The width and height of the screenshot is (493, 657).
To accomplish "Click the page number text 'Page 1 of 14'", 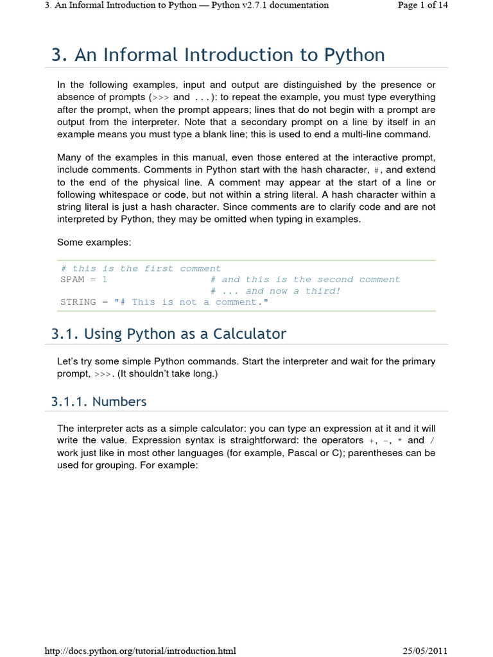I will pos(422,5).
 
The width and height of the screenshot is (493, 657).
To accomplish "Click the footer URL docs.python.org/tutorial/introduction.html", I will pos(141,651).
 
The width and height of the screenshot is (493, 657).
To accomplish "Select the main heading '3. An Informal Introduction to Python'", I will pos(218,55).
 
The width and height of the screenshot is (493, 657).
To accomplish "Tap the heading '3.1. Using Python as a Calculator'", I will pos(169,334).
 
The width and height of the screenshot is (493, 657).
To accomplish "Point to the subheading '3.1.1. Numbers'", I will pos(99,402).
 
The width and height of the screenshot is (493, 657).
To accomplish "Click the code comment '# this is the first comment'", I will pos(141,269).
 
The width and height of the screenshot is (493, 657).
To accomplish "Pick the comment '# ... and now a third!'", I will pos(275,291).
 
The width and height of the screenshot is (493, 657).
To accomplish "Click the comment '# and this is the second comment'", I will pos(305,280).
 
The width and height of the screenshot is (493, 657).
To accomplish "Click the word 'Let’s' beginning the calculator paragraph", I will pos(69,361).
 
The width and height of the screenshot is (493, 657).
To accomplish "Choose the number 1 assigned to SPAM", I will pos(105,280).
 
